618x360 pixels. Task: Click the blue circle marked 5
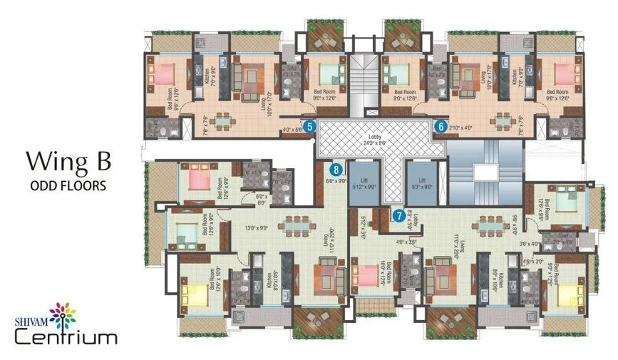[309, 127]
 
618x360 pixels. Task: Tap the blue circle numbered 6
[441, 127]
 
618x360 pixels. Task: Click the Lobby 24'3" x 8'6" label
[375, 139]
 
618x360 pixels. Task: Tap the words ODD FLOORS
[68, 185]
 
